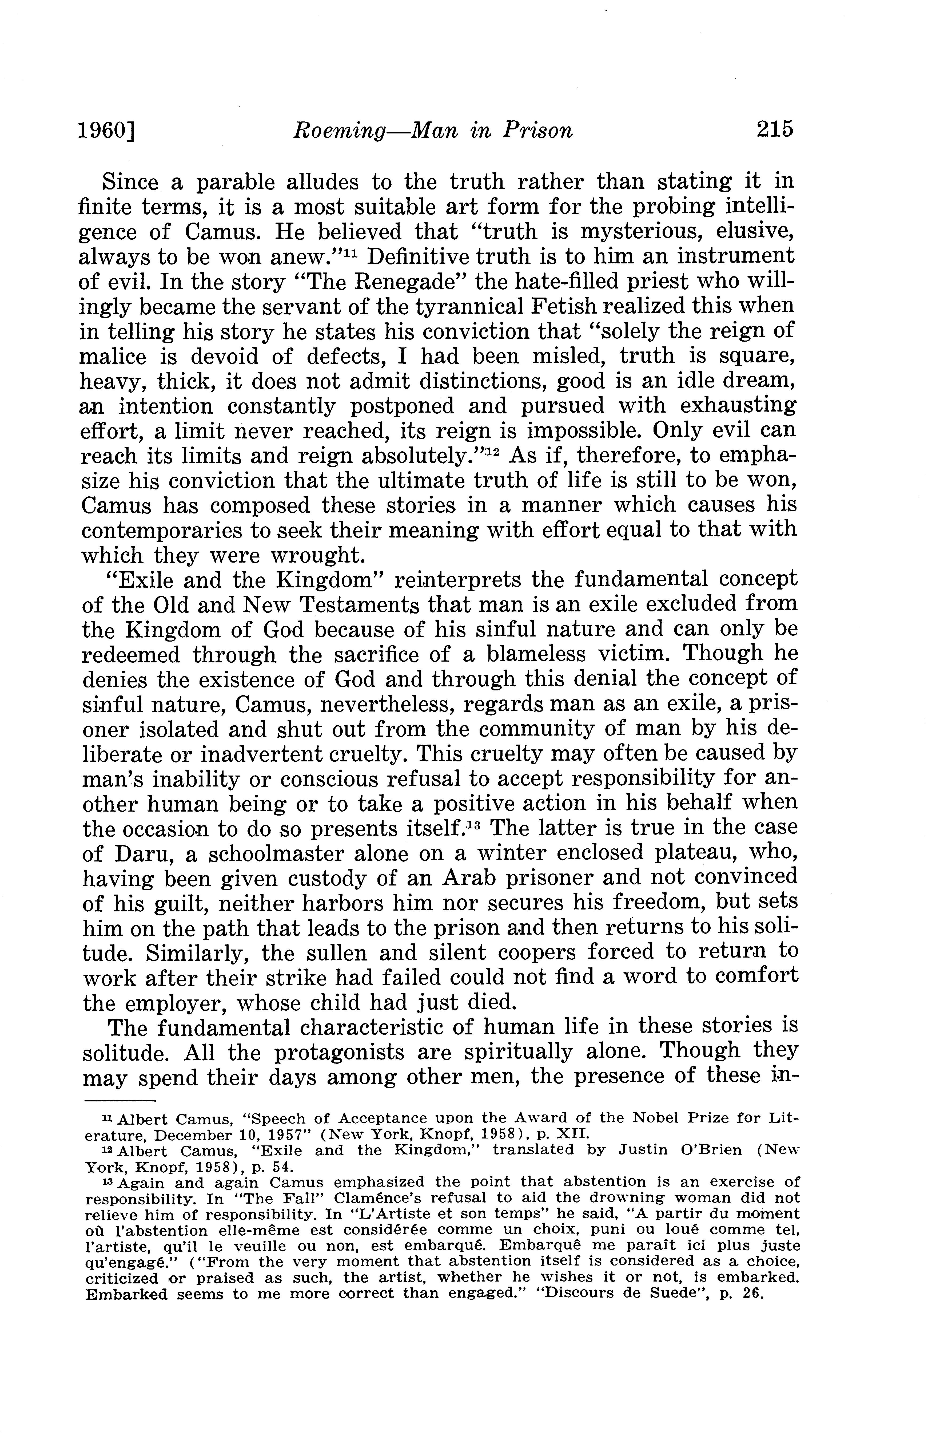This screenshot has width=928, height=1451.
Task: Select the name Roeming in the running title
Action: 339,131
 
